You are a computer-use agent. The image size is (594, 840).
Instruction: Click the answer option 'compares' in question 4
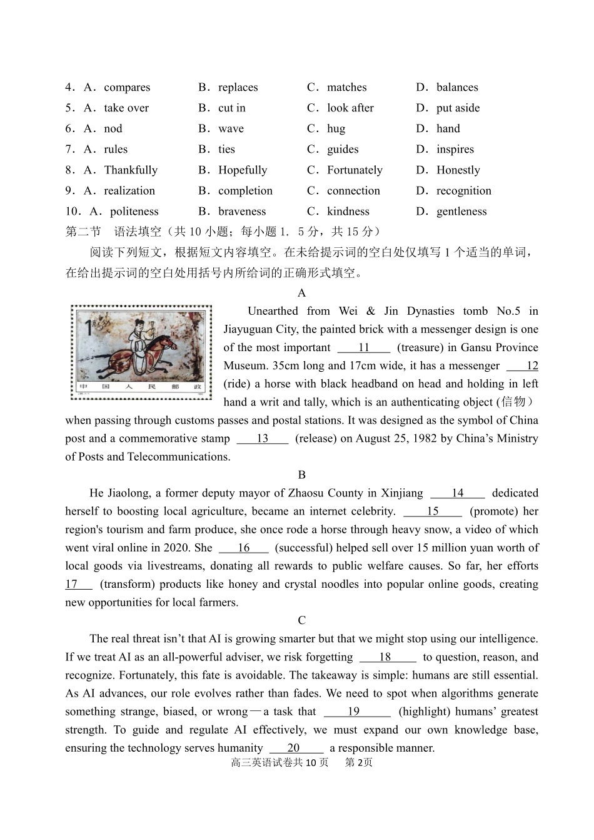tap(127, 88)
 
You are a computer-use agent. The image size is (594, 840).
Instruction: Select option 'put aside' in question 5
tap(458, 108)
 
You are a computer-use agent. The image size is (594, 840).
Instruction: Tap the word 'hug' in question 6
tap(336, 129)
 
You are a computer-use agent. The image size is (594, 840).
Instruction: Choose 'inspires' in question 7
tap(455, 150)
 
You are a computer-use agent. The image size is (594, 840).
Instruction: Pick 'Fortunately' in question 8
tap(355, 170)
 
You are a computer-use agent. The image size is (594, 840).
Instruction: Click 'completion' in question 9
tap(245, 191)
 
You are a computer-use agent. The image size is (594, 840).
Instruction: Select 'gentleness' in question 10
tap(461, 212)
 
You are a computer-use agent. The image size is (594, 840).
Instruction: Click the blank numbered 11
tap(364, 348)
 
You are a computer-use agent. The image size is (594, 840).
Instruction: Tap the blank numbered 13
tap(263, 439)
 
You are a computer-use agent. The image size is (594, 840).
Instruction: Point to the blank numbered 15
tap(433, 511)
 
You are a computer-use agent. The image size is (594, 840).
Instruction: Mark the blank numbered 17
tap(78, 584)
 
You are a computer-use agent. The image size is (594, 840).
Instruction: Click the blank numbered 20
tap(296, 748)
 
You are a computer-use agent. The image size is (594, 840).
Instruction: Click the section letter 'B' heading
tap(302, 475)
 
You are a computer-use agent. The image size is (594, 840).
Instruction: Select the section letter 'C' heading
tap(302, 620)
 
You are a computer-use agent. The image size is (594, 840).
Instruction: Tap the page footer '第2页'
tap(359, 762)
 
